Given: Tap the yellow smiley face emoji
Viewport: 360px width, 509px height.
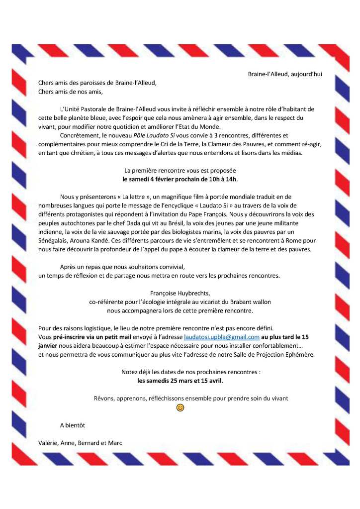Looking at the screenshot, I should pos(180,407).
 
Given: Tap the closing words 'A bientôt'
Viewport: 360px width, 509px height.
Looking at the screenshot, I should pos(73,425).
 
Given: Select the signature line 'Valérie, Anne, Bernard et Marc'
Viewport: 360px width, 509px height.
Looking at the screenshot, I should pos(80,442).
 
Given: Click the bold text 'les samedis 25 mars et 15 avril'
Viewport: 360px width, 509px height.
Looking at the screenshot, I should pos(180,381).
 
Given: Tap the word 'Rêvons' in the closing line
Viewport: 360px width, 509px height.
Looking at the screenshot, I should pos(104,398).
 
